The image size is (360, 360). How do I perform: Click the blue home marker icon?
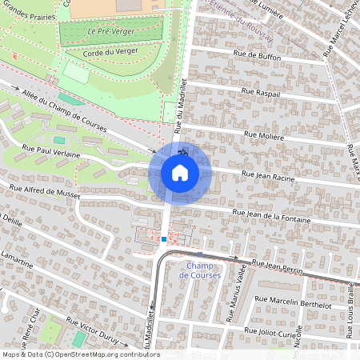(180, 172)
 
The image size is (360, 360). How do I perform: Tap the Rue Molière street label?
(264, 136)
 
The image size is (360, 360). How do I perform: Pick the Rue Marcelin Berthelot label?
(293, 302)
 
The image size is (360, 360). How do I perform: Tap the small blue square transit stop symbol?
(163, 238)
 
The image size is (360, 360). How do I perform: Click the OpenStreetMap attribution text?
(80, 354)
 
